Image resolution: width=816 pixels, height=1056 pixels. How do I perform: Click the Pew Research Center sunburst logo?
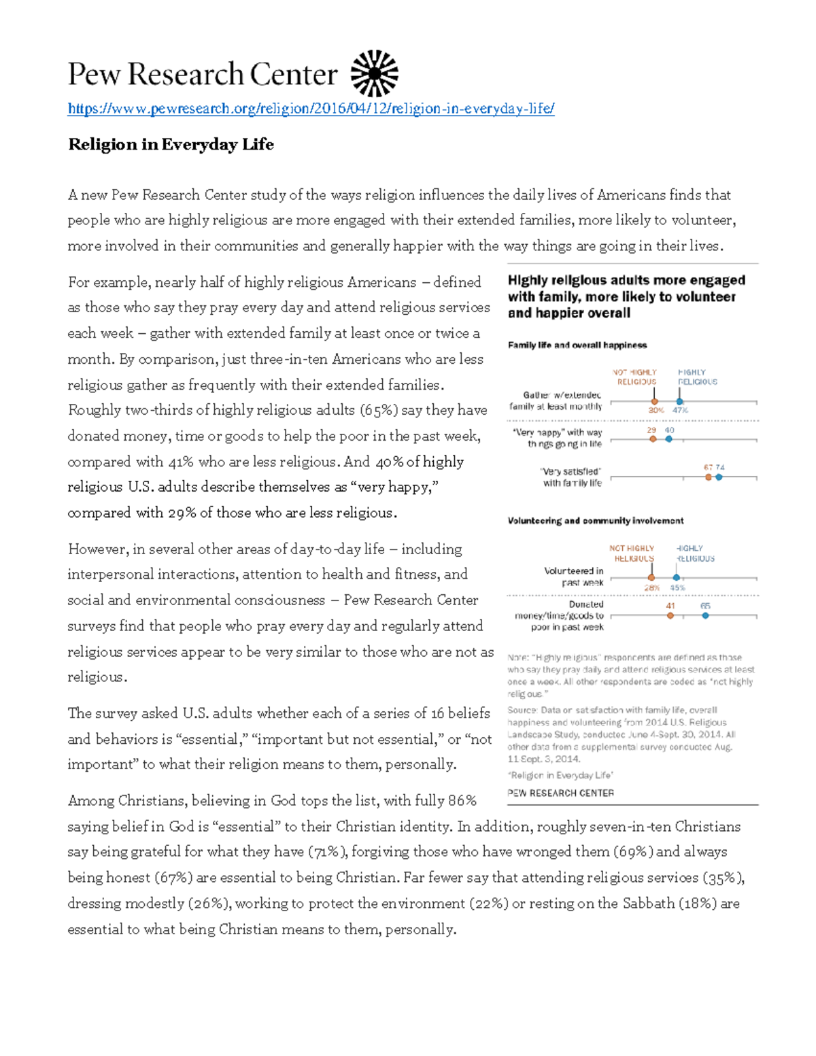(374, 73)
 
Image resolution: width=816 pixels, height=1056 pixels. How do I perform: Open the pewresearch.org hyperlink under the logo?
(311, 109)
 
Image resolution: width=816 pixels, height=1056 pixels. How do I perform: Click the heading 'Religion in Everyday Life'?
(171, 144)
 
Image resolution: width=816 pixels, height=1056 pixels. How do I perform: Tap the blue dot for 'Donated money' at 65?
(705, 615)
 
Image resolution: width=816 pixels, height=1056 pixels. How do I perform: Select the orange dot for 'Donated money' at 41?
(670, 615)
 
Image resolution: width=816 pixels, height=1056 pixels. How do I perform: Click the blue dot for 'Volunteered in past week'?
(677, 577)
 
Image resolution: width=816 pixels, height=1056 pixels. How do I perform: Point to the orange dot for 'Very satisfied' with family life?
(709, 477)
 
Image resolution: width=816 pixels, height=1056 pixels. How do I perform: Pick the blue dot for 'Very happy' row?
(669, 439)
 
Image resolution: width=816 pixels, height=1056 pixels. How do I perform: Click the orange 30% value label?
(656, 410)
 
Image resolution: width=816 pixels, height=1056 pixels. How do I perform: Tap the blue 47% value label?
(681, 410)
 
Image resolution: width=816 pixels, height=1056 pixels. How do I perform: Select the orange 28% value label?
(652, 587)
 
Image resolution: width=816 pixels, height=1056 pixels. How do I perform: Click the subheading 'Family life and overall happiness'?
(577, 345)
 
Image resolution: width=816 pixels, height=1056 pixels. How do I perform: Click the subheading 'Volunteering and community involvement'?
(596, 521)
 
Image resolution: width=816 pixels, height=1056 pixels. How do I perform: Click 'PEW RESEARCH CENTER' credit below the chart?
(560, 793)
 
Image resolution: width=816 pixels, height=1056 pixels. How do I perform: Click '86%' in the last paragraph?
(462, 800)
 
